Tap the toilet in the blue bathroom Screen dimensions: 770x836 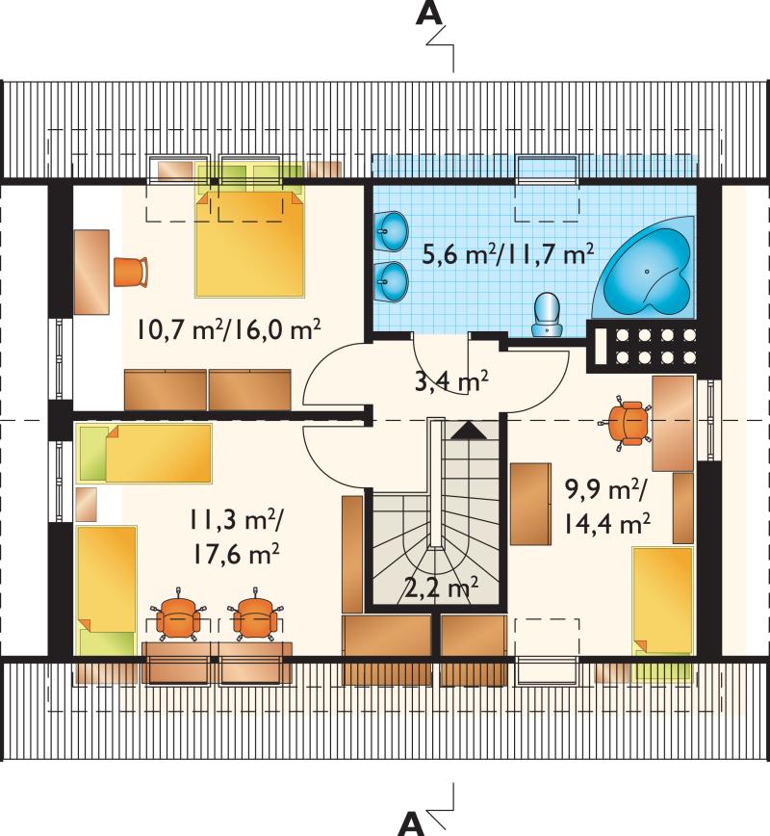(547, 315)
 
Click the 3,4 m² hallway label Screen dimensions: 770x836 (451, 380)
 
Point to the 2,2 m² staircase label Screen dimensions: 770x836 (441, 588)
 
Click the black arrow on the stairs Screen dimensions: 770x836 (469, 430)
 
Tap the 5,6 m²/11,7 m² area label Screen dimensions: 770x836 (507, 254)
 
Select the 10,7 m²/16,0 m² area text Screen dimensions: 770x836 (229, 329)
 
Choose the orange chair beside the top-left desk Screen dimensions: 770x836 (131, 272)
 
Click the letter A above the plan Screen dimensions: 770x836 (429, 13)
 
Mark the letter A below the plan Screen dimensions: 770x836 (411, 823)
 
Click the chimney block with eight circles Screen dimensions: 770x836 (643, 346)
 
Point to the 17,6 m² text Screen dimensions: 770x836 (236, 555)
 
